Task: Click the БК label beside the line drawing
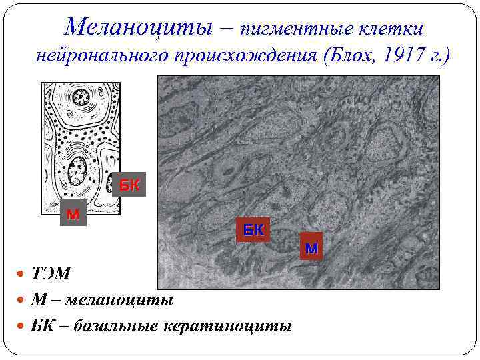[x=130, y=185]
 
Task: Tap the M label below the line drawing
[x=73, y=215]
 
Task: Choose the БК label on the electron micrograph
[x=253, y=230]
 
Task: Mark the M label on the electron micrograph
[x=311, y=249]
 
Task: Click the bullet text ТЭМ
[x=51, y=275]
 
